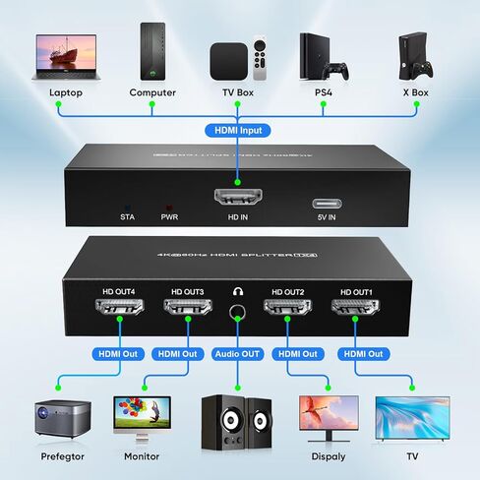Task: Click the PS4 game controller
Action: (x=338, y=71)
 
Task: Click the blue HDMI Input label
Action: (x=237, y=128)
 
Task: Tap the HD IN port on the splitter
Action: (x=236, y=195)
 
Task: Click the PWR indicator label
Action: (x=169, y=215)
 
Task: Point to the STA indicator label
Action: (x=127, y=215)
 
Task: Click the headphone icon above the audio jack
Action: (x=237, y=292)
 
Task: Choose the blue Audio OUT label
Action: (x=237, y=354)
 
